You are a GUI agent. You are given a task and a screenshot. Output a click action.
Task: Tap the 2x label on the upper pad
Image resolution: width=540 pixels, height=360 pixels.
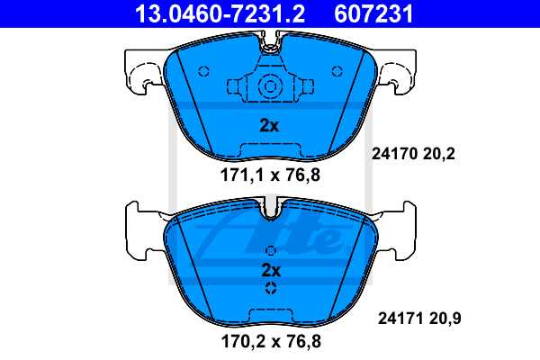269,125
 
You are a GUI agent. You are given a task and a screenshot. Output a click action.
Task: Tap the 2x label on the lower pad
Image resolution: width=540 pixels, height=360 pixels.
271,269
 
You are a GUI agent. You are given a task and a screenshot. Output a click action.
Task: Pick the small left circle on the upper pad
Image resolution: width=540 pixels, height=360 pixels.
202,71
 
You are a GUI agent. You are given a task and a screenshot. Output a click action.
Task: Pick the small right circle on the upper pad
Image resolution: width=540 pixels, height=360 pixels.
337,71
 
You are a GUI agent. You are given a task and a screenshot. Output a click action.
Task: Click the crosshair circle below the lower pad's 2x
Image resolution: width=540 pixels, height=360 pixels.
271,288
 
